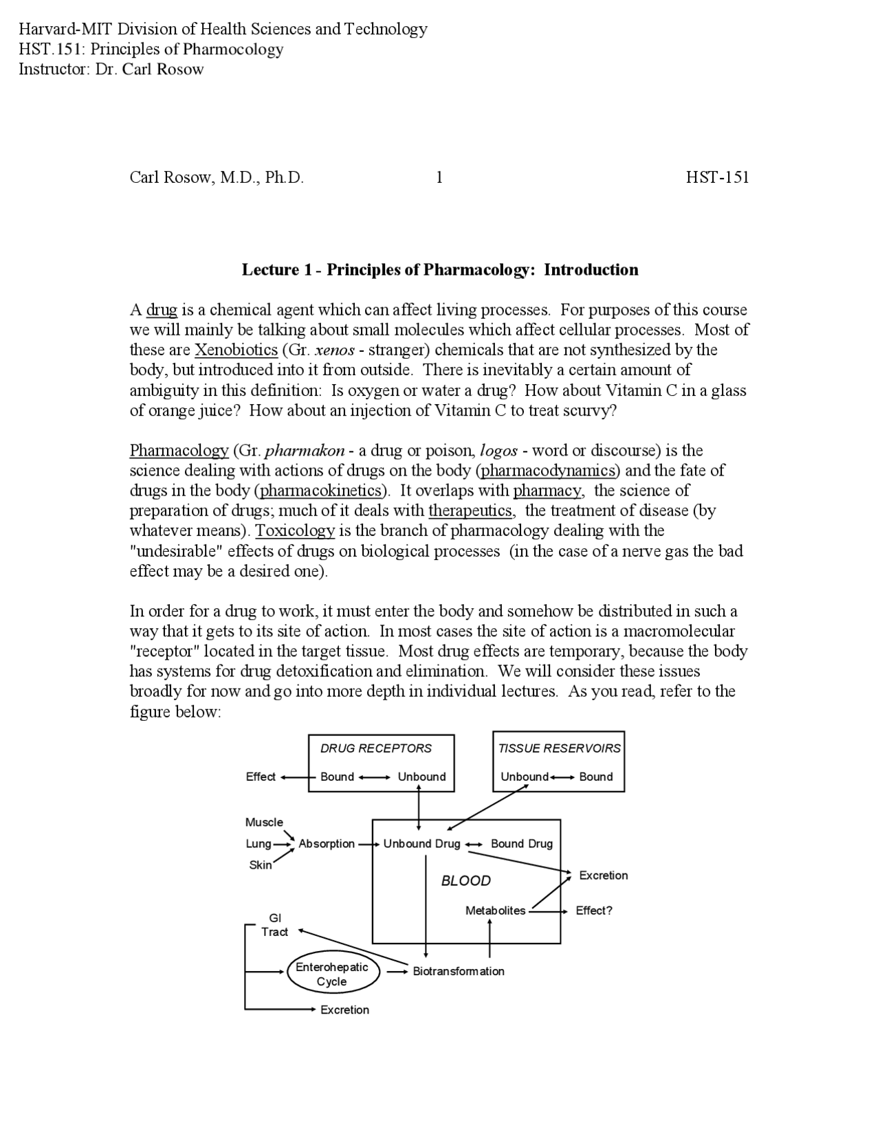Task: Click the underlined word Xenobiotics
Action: coord(236,350)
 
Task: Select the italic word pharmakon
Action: coord(305,451)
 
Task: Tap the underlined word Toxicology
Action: coord(295,531)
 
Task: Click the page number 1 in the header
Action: coord(439,177)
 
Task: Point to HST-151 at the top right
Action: coord(717,177)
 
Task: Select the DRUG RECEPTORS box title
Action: coord(376,748)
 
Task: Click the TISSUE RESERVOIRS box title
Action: coord(559,748)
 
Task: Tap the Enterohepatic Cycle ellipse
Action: coord(332,974)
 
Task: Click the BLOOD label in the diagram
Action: coord(466,881)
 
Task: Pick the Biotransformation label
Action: coord(459,971)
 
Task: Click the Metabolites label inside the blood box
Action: coord(495,911)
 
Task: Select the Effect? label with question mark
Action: coord(594,911)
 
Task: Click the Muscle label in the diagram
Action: coord(264,822)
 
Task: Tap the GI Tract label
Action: coord(275,925)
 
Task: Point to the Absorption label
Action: coord(327,843)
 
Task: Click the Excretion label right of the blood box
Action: coord(604,875)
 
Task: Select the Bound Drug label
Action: coord(522,843)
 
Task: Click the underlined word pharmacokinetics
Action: coord(320,491)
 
